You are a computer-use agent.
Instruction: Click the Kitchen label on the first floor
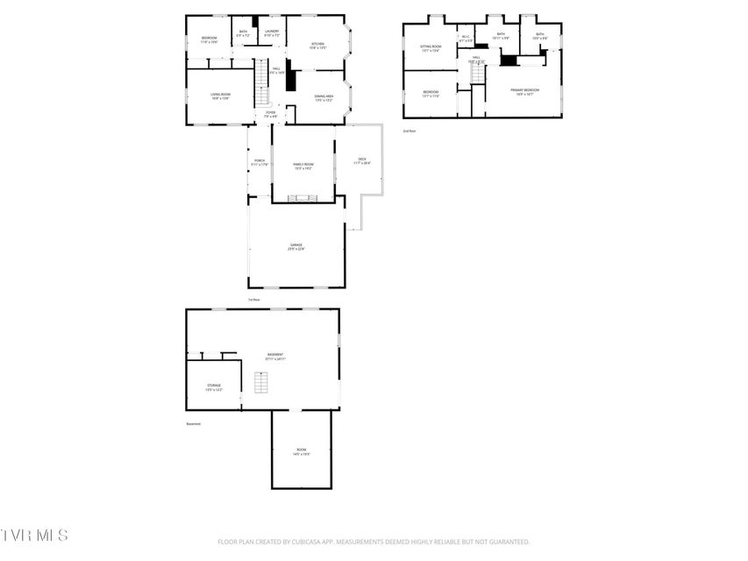point(317,46)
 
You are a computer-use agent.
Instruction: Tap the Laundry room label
point(272,34)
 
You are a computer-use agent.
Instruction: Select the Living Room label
point(220,96)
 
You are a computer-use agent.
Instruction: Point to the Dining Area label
point(324,98)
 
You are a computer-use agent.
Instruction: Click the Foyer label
point(270,114)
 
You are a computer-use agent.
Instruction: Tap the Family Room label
point(303,167)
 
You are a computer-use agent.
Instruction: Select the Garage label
point(296,247)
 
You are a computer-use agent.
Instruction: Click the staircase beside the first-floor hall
point(260,82)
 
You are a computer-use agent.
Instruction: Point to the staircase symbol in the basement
point(260,383)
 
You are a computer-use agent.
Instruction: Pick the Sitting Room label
point(431,48)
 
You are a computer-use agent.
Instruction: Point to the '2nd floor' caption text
point(409,131)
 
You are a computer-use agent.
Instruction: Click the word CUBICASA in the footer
point(302,542)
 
